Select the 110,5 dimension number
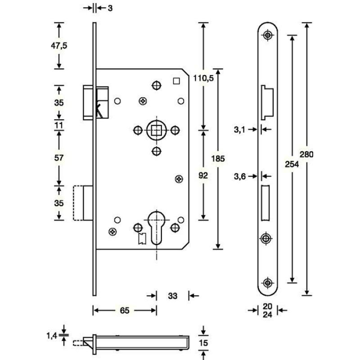[x=203, y=78]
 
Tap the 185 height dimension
[x=218, y=158]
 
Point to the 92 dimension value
[x=203, y=175]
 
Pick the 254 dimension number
[x=292, y=165]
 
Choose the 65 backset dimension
[x=125, y=310]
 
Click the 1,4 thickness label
[x=53, y=335]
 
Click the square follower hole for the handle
[x=156, y=131]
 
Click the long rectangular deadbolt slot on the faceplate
[x=265, y=202]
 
